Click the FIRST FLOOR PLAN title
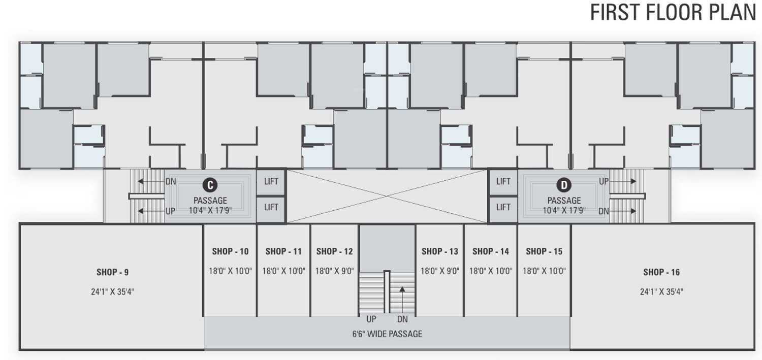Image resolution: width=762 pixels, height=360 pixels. point(673,12)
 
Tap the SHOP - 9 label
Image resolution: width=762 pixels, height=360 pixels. point(112,272)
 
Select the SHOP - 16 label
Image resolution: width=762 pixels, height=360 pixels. point(661,272)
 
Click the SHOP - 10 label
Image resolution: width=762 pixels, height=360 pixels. point(230,251)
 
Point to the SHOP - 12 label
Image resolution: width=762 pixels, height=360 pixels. point(334,251)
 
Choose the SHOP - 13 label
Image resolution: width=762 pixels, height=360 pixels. point(439,251)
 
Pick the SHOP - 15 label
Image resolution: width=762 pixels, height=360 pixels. point(544,251)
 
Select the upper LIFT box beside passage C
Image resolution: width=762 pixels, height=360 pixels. point(271,181)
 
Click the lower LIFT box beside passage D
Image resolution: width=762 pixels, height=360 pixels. point(503,207)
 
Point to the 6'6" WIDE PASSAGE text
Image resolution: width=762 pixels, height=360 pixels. point(387,334)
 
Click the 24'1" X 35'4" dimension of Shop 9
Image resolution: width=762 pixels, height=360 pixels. point(112,292)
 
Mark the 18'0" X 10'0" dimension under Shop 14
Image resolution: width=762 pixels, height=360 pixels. point(490,271)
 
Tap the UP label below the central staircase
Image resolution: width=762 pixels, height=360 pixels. point(371,319)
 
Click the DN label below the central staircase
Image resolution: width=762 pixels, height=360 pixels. point(402,319)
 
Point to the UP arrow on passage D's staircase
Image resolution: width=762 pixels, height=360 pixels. point(621,181)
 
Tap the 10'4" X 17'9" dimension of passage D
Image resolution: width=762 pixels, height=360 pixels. point(564,210)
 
